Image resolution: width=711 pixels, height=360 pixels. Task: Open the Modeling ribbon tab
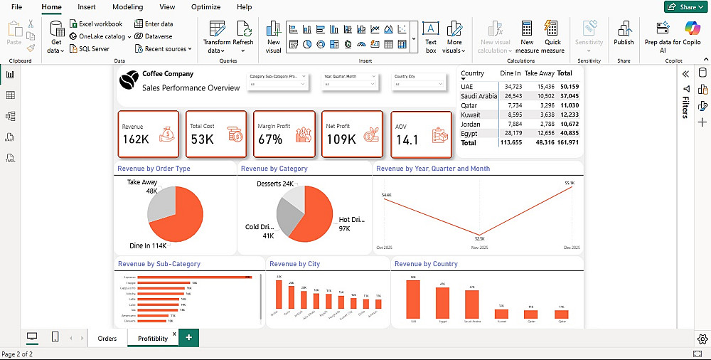pos(127,7)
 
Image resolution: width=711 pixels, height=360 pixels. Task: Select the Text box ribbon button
pos(430,36)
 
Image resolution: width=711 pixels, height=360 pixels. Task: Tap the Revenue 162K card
pos(148,134)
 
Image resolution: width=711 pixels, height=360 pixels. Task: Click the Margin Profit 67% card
pos(284,134)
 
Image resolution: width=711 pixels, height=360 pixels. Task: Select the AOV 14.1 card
pos(421,134)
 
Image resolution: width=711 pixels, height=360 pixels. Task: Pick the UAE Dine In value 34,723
pos(510,87)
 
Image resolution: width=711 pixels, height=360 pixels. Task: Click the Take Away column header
pos(539,73)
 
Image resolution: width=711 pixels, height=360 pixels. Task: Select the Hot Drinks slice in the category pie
pos(313,221)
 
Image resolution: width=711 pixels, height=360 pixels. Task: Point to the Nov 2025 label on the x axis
pos(480,248)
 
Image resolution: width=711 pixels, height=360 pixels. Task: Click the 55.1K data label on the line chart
pos(569,184)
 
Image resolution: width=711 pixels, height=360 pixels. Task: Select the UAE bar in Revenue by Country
pos(412,300)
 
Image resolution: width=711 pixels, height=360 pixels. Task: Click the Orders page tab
pos(107,338)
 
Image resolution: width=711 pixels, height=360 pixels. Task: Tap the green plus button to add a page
pos(188,338)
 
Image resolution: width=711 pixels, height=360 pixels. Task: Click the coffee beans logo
pos(129,82)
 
